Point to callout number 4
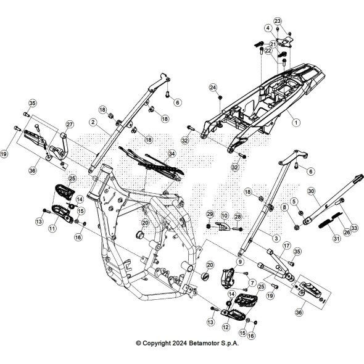coord(268,28)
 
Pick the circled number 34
coord(172,153)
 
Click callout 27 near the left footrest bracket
coord(70,124)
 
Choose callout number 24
coord(212,88)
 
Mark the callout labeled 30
coord(311,191)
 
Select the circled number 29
coord(209,213)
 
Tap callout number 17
coord(286,245)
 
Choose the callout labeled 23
coord(278,22)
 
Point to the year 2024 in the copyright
coord(175,343)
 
